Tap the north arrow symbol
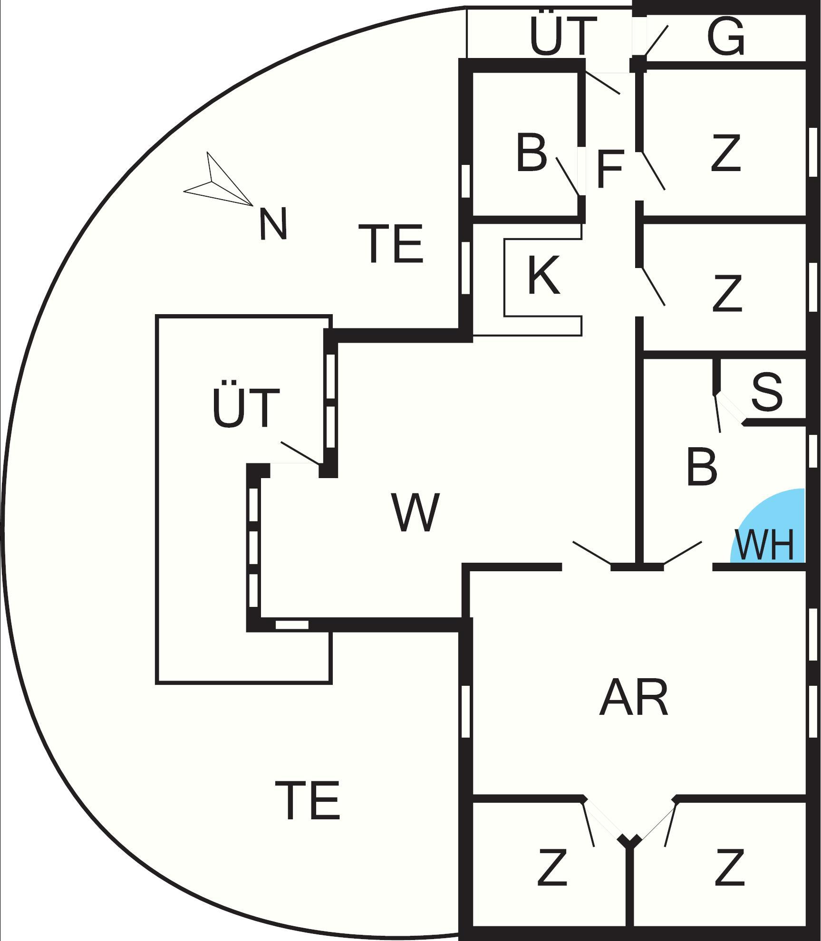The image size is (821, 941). point(216,183)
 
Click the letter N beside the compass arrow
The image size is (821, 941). point(273,224)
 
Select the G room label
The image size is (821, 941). point(725,37)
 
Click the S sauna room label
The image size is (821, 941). point(767,393)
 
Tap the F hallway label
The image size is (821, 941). point(609,169)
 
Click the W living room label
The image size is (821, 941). point(415,513)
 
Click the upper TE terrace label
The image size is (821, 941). point(391,244)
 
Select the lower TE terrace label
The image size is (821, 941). point(308,801)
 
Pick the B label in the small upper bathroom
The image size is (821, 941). point(531,153)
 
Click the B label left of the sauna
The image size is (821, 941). point(702,467)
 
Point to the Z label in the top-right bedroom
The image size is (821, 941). point(726,153)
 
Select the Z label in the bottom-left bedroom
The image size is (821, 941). point(552,867)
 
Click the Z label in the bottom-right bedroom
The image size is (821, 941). point(729,867)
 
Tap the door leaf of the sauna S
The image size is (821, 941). point(717,413)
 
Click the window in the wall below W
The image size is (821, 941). point(292,625)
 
